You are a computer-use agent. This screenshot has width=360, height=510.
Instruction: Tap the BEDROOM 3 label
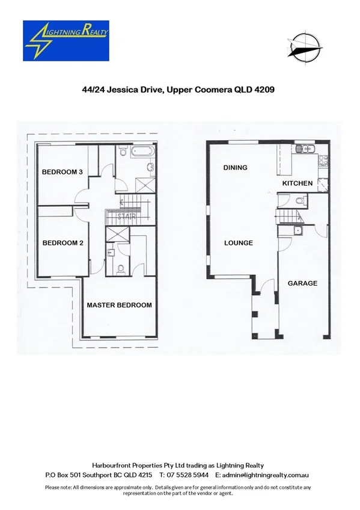[62, 172]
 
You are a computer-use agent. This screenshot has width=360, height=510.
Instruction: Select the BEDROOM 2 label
[62, 243]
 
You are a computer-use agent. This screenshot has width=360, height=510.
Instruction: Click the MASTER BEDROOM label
[119, 305]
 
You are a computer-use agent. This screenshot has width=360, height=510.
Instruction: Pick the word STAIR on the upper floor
[126, 216]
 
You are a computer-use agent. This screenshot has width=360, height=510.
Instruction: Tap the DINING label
[235, 168]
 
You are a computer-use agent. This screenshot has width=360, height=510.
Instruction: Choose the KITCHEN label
[297, 183]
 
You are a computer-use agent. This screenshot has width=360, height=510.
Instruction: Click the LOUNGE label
[238, 243]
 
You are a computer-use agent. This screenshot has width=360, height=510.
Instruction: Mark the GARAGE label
[302, 283]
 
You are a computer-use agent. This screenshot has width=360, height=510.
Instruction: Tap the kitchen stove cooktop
[322, 160]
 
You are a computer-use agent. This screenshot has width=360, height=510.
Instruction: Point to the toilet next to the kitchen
[300, 201]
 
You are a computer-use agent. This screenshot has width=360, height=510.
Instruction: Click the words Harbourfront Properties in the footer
[127, 465]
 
